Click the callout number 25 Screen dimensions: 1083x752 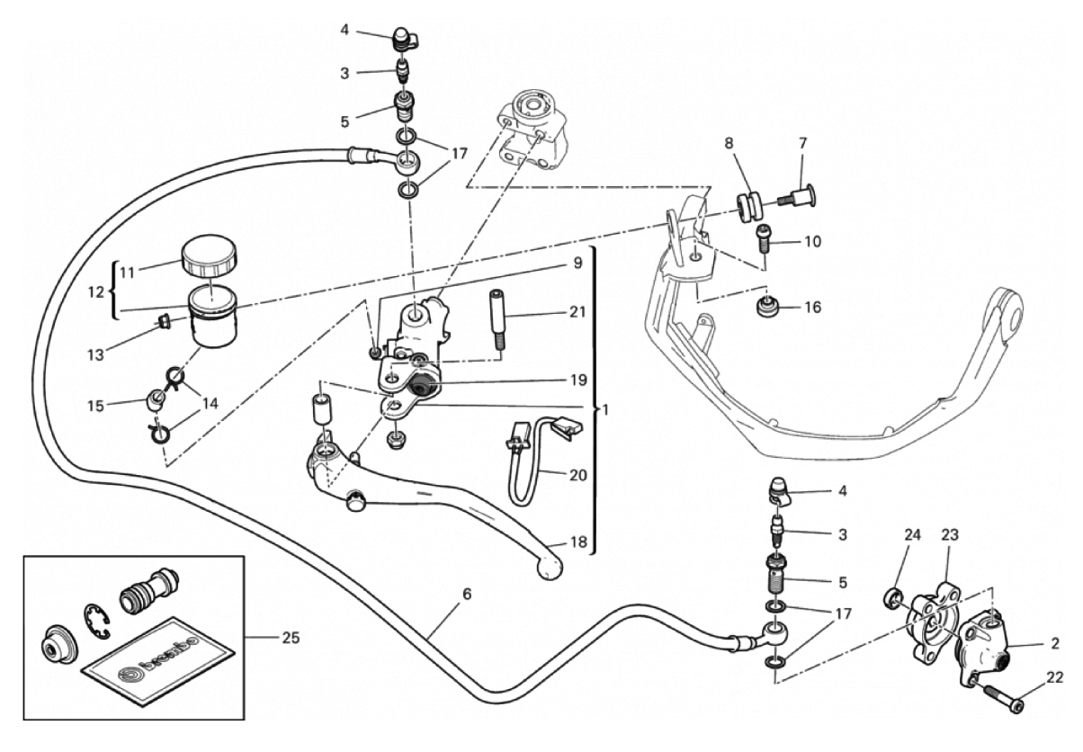click(291, 638)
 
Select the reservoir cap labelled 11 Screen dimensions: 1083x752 click(210, 255)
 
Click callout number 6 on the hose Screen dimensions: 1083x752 click(467, 595)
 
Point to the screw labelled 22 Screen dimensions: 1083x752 click(997, 699)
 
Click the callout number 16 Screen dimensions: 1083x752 click(813, 307)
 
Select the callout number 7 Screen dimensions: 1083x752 click(803, 143)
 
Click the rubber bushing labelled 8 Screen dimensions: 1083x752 click(749, 207)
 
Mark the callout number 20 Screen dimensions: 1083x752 click(578, 475)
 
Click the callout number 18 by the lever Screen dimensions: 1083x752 click(578, 542)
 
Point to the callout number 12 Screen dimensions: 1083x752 click(96, 292)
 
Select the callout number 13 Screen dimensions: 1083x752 click(95, 355)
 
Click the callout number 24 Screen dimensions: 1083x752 click(913, 535)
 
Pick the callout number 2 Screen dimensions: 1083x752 click(1055, 643)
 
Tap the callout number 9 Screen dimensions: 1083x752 click(578, 263)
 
